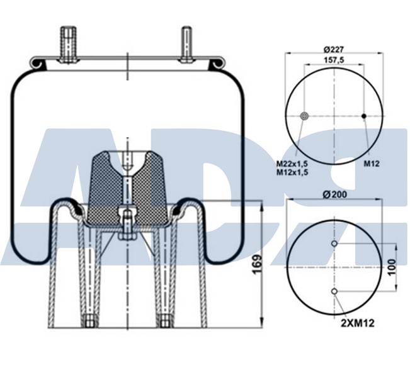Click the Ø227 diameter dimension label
(x=333, y=49)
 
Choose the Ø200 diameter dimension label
(x=333, y=194)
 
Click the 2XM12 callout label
(x=358, y=323)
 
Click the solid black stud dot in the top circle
(x=363, y=116)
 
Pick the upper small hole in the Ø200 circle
(x=334, y=244)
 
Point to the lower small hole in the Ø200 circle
(x=334, y=291)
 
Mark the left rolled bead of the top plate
(x=38, y=62)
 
